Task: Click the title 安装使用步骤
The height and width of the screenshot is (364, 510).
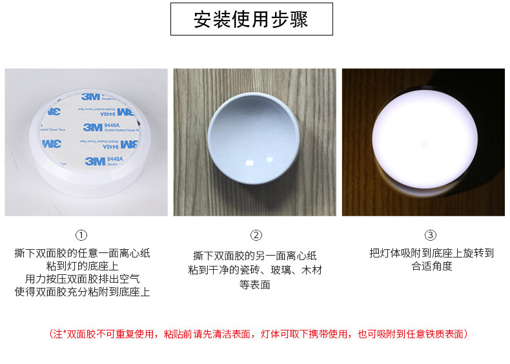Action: click(x=251, y=19)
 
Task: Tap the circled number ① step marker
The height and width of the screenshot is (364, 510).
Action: click(x=81, y=235)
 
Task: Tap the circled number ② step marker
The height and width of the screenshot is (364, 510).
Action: click(x=256, y=236)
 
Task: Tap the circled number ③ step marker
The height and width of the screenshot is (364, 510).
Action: click(x=431, y=235)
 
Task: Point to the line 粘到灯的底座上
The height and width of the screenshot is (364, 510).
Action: click(x=82, y=266)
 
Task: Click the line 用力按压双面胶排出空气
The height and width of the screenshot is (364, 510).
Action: click(x=82, y=279)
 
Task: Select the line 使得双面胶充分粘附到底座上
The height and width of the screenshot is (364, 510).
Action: click(x=82, y=292)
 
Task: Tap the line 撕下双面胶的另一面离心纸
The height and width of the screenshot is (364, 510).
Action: click(x=255, y=256)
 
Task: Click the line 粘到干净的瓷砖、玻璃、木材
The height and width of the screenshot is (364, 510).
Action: click(x=255, y=270)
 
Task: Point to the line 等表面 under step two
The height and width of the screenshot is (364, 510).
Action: click(x=255, y=284)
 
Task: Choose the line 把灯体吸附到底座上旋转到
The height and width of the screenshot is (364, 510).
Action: click(x=431, y=253)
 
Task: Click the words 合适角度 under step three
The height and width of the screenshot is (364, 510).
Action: click(x=431, y=266)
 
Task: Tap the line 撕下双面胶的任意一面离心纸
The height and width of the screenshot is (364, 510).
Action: click(x=82, y=253)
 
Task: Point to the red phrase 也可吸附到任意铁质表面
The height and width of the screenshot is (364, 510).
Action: click(x=411, y=334)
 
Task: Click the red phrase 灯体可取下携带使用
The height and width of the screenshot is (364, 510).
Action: click(x=304, y=334)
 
